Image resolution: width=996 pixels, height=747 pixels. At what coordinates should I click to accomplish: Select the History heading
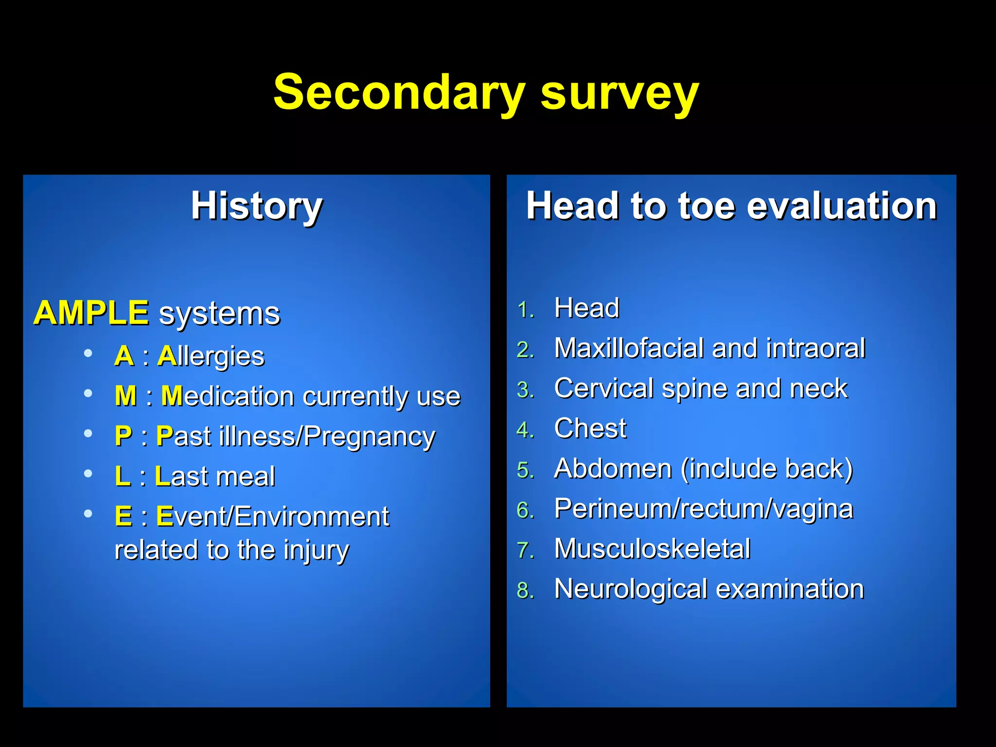pyautogui.click(x=257, y=206)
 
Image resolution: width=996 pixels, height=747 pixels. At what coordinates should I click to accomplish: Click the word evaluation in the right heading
pyautogui.click(x=841, y=206)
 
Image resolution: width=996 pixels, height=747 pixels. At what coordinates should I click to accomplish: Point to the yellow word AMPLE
pyautogui.click(x=91, y=313)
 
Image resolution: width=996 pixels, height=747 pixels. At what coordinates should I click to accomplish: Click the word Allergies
pyautogui.click(x=211, y=356)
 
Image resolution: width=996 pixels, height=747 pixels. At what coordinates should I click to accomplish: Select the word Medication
pyautogui.click(x=228, y=396)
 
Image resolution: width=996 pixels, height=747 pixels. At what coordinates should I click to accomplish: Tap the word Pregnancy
pyautogui.click(x=370, y=437)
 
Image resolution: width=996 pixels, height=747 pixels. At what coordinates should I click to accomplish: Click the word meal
pyautogui.click(x=246, y=476)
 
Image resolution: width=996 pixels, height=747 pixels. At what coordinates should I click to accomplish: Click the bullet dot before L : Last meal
pyautogui.click(x=88, y=473)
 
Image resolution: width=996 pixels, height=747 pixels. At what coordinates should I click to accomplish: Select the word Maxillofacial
pyautogui.click(x=629, y=348)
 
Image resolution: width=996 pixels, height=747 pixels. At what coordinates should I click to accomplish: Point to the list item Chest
pyautogui.click(x=590, y=428)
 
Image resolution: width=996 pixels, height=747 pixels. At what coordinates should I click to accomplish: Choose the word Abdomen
pyautogui.click(x=613, y=469)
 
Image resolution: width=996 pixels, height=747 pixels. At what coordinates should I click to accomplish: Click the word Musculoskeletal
pyautogui.click(x=652, y=549)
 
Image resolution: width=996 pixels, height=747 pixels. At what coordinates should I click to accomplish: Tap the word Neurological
pyautogui.click(x=630, y=589)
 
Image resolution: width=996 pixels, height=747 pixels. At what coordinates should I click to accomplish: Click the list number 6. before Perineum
pyautogui.click(x=525, y=511)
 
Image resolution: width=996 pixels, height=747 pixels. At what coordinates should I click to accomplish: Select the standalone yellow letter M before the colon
pyautogui.click(x=125, y=396)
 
